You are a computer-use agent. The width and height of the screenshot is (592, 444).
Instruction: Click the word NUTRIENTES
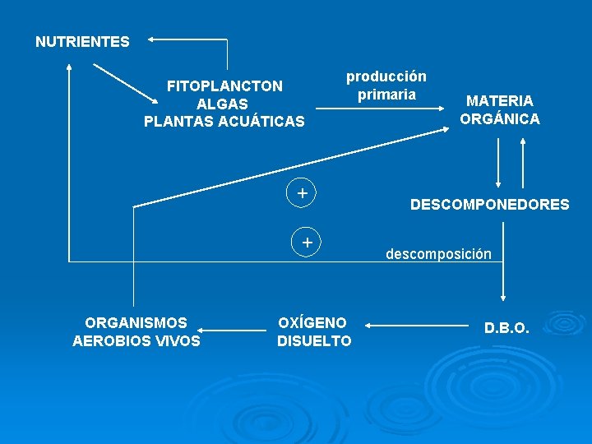coord(82,41)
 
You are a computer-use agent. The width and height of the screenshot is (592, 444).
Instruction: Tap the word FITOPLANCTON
coord(224,86)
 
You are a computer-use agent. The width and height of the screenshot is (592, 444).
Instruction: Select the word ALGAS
coord(224,104)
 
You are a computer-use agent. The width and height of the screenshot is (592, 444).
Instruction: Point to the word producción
coord(386,76)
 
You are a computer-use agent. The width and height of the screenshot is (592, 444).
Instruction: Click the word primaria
coord(386,95)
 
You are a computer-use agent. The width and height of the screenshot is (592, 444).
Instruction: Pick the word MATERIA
coord(500,100)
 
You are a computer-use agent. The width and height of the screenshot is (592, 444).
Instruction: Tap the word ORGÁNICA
coord(500,118)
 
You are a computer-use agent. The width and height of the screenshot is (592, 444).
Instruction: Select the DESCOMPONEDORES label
coord(489,204)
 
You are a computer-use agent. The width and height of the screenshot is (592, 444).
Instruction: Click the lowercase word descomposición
coord(439,254)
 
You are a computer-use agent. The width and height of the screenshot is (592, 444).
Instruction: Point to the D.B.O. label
coord(506,328)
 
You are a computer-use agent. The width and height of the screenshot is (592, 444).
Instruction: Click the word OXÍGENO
coord(313,322)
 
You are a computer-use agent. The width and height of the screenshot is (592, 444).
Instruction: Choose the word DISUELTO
coord(313,340)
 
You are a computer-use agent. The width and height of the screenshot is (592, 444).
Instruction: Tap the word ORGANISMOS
coord(136,322)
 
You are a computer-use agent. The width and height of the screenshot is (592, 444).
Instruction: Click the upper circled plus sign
coord(303,192)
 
